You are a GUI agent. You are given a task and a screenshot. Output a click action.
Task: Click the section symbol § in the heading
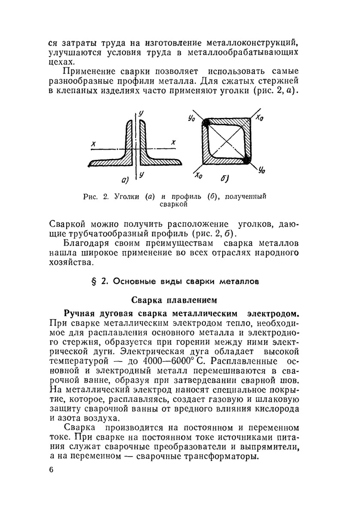point(94,282)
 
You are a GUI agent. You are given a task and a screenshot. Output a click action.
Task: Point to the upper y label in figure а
point(141,113)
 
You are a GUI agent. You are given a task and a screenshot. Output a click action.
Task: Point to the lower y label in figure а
point(141,175)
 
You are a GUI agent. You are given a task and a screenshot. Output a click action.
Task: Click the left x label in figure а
point(94,144)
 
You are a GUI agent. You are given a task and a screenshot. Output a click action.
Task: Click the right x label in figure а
point(174,142)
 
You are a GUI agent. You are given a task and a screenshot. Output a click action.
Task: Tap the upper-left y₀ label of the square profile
point(192,118)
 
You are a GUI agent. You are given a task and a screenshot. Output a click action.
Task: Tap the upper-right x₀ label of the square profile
point(259,118)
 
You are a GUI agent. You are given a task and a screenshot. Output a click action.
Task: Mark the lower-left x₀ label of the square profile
point(198,176)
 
